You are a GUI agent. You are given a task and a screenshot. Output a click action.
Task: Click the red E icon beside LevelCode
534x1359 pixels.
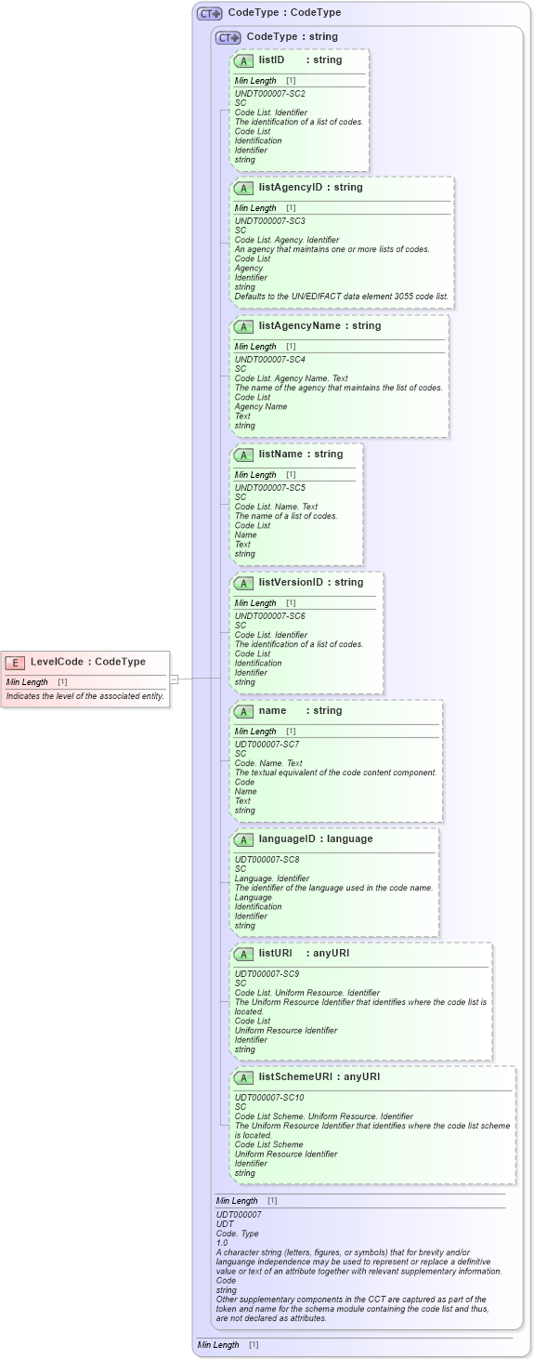(x=15, y=663)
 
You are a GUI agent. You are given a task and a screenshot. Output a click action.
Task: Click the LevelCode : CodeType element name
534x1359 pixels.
(x=88, y=662)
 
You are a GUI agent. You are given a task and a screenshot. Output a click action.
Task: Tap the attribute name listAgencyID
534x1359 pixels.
(x=291, y=188)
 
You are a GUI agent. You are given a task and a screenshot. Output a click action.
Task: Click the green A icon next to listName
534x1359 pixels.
(x=243, y=455)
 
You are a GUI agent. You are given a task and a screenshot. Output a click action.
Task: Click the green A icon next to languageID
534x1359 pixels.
(x=243, y=840)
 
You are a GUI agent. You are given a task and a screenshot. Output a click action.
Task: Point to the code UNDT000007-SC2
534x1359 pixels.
(x=269, y=94)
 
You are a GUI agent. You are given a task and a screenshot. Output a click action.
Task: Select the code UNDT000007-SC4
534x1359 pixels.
(x=269, y=360)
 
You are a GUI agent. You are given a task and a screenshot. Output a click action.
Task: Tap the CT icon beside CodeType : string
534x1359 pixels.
(x=228, y=38)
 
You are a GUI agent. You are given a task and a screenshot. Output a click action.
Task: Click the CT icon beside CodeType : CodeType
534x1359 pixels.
(x=209, y=14)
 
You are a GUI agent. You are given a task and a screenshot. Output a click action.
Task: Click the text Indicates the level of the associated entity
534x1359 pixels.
(x=85, y=695)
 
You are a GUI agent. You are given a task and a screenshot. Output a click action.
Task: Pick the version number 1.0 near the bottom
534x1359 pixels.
(x=222, y=1243)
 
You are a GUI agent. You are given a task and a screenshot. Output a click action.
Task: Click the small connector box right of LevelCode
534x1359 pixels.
(x=174, y=679)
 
